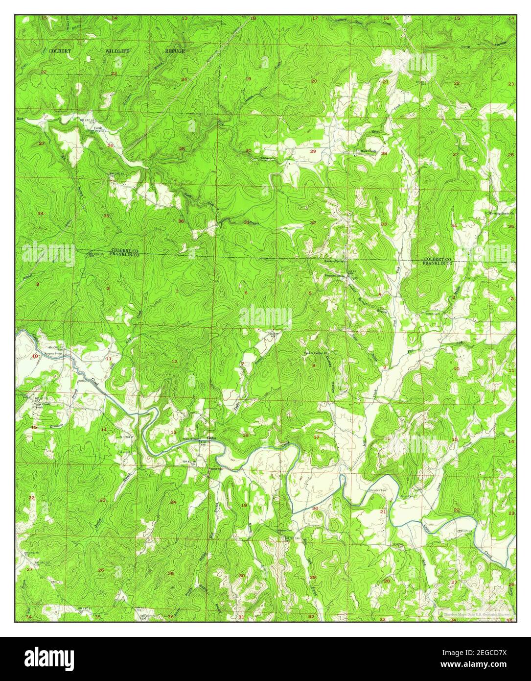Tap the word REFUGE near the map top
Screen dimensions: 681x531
(x=175, y=51)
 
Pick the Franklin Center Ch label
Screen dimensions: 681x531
(x=315, y=352)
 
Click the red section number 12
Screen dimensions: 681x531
(x=174, y=362)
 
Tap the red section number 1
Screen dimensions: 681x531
(x=177, y=292)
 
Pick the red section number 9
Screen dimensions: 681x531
(x=385, y=367)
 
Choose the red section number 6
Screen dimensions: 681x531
(x=246, y=293)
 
